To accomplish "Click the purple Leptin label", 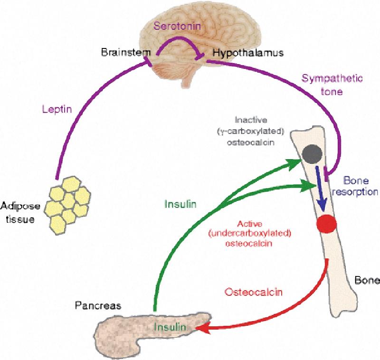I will pos(57,110).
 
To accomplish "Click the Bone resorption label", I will pos(360,186).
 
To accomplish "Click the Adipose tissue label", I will pos(19,212).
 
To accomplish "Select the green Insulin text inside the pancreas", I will pos(168,328).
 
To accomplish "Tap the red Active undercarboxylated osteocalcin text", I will pos(256,233).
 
